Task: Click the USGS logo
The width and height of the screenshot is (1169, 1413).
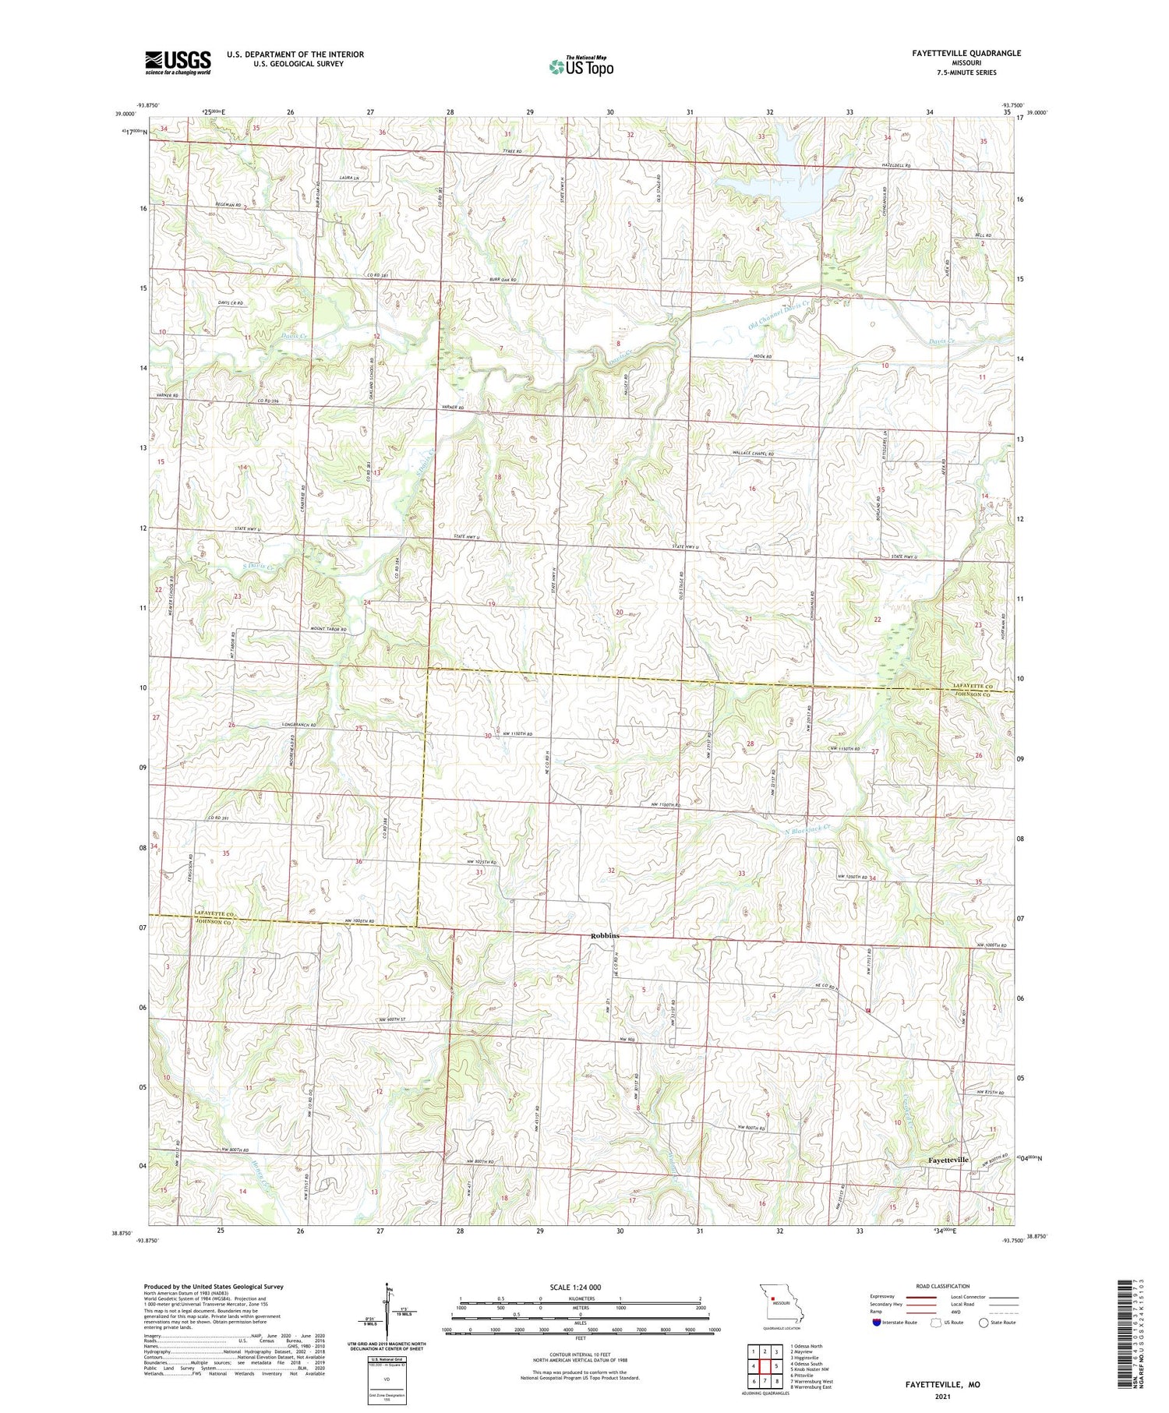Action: (x=178, y=62)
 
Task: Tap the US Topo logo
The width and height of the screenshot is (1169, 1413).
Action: (x=581, y=67)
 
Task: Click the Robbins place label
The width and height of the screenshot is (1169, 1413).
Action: (x=605, y=935)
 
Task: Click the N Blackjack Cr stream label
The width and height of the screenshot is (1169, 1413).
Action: (x=807, y=832)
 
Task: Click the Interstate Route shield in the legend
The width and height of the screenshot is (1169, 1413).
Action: (x=877, y=1323)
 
